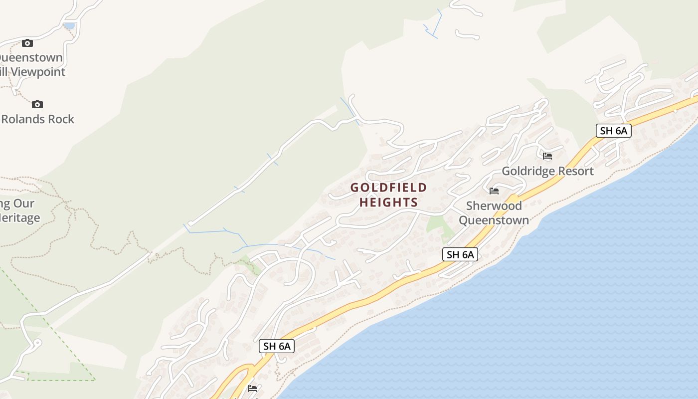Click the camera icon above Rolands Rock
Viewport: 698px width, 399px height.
click(37, 104)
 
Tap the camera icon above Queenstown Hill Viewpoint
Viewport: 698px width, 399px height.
click(27, 43)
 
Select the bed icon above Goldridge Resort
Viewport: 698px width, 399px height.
click(547, 156)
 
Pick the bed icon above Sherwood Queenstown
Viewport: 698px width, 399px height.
click(494, 191)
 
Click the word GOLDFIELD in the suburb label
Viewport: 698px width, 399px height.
click(389, 188)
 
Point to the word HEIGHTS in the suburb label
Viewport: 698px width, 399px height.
click(389, 202)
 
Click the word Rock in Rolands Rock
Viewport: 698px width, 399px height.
click(61, 119)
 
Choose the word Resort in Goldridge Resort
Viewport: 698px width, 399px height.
click(576, 171)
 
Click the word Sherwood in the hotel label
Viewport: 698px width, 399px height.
click(494, 205)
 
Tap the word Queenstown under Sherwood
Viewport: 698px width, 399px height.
click(494, 220)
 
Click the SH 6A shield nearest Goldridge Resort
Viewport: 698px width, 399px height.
click(614, 131)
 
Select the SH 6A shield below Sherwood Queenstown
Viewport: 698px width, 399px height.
click(460, 254)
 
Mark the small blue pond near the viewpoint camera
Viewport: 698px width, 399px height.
click(70, 25)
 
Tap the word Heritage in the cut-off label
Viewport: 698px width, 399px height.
click(20, 218)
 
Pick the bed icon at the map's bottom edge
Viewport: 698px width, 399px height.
click(252, 388)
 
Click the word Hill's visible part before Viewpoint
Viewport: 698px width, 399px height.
click(4, 72)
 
